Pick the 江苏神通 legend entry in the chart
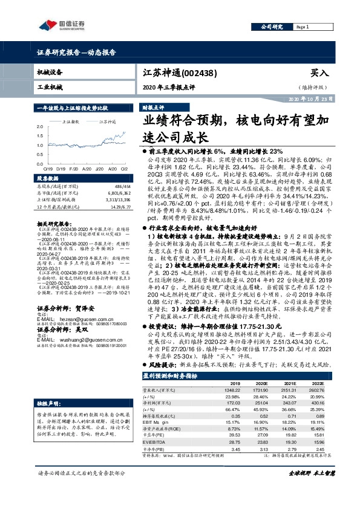(107, 121)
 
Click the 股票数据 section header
(48, 180)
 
